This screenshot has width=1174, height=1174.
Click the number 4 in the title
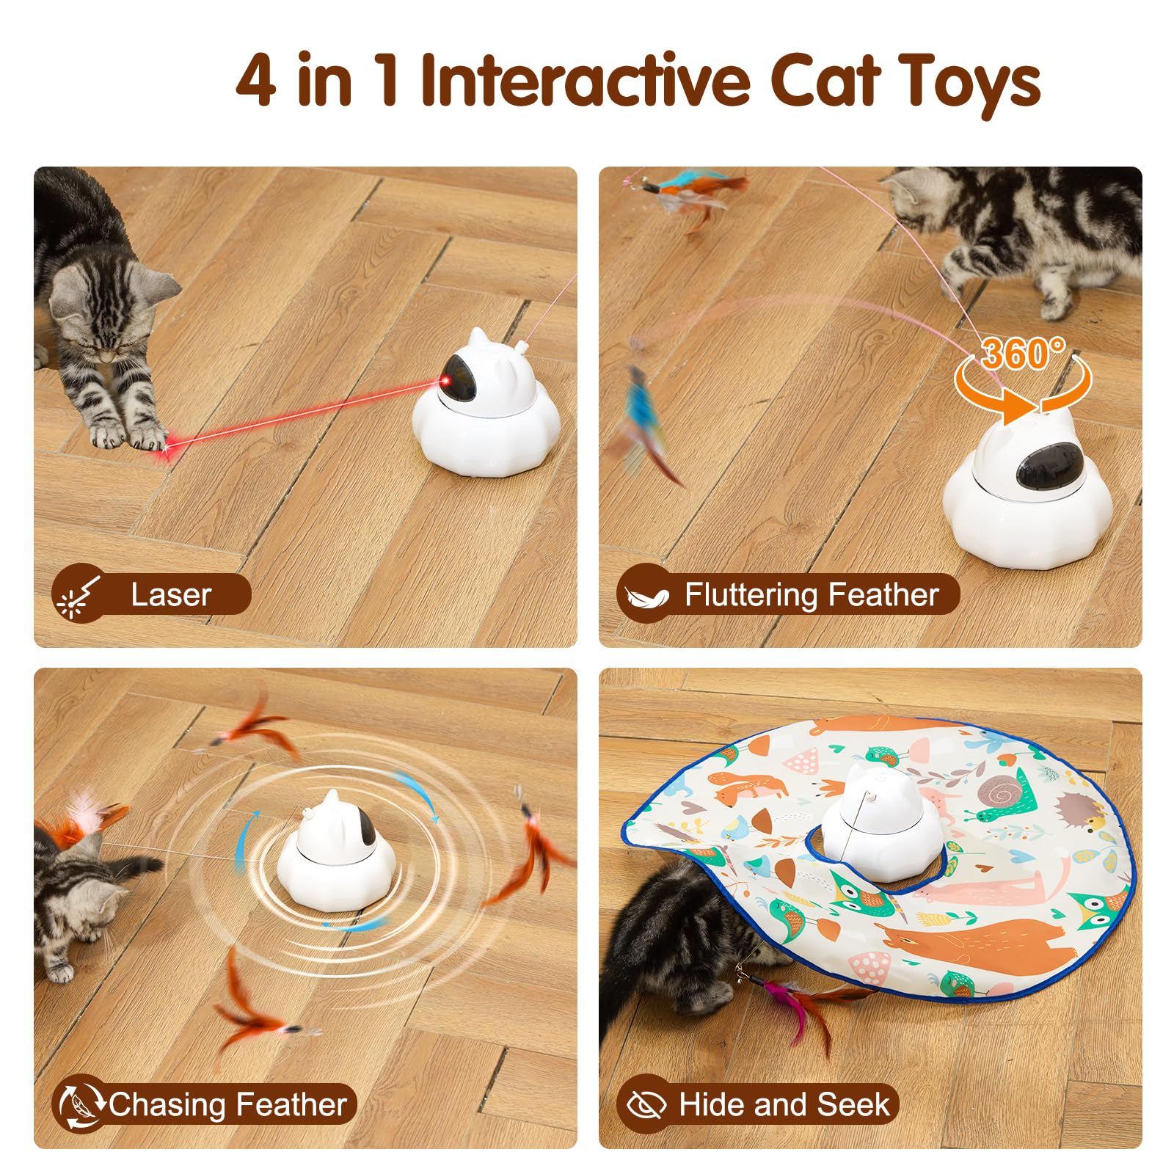click(x=256, y=80)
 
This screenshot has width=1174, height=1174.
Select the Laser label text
click(x=170, y=594)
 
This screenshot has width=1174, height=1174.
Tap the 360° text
click(x=1024, y=354)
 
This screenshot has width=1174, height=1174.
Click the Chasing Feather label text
click(x=227, y=1104)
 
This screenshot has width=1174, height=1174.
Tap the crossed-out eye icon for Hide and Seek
click(x=643, y=1104)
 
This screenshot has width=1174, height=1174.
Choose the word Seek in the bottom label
click(x=853, y=1104)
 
